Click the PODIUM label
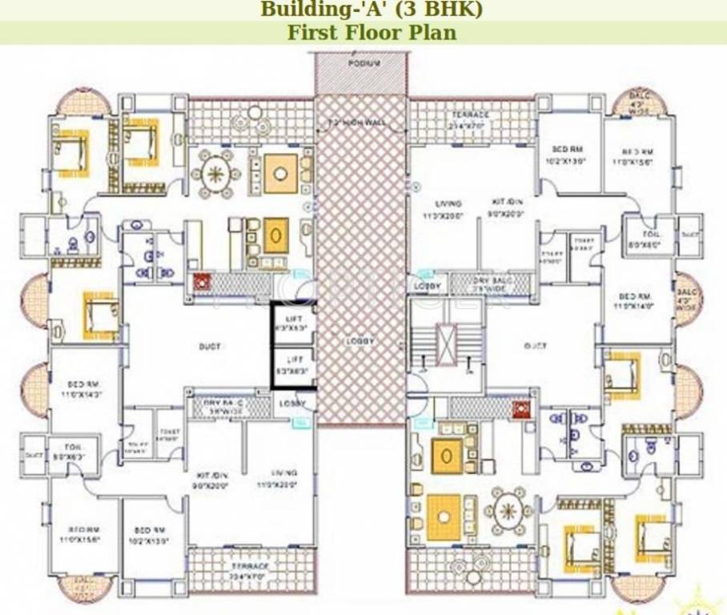[x=363, y=62]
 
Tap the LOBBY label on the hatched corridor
[x=360, y=340]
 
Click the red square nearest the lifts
[x=201, y=282]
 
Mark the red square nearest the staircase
[x=524, y=410]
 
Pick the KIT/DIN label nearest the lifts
[x=211, y=480]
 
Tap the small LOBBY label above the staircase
[x=426, y=286]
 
